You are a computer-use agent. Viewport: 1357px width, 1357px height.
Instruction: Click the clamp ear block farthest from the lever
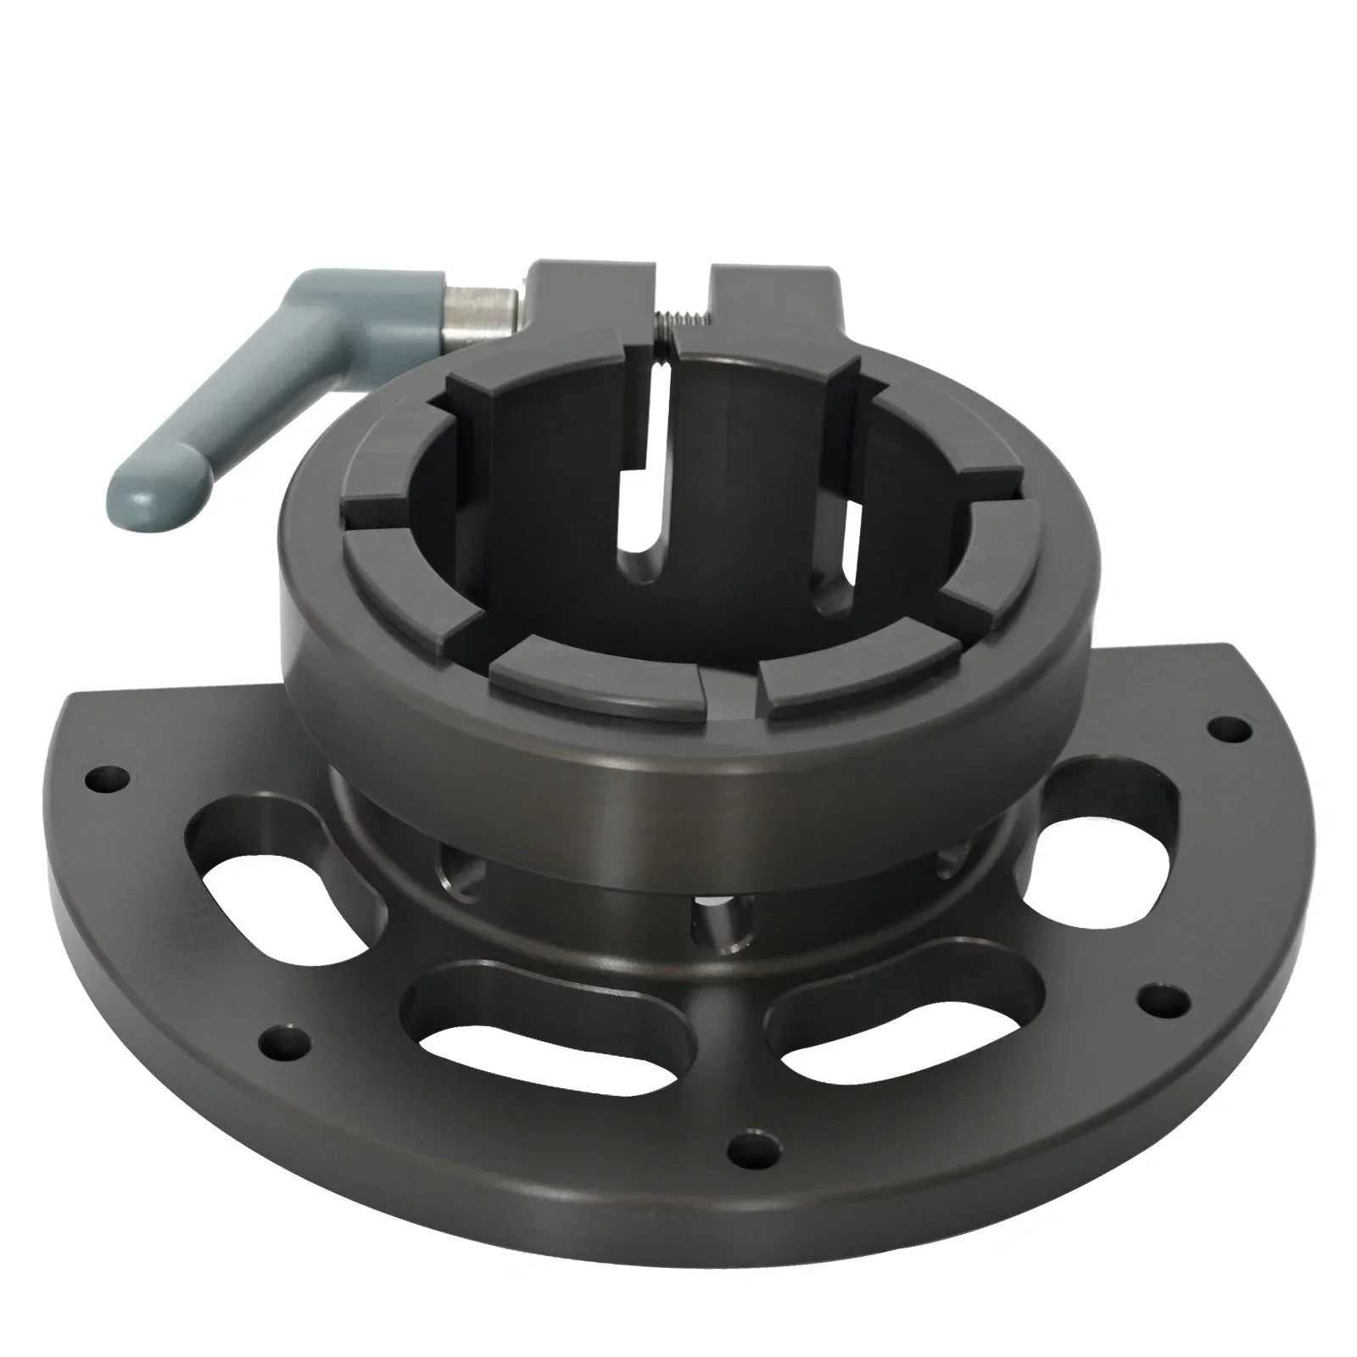[773, 306]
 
